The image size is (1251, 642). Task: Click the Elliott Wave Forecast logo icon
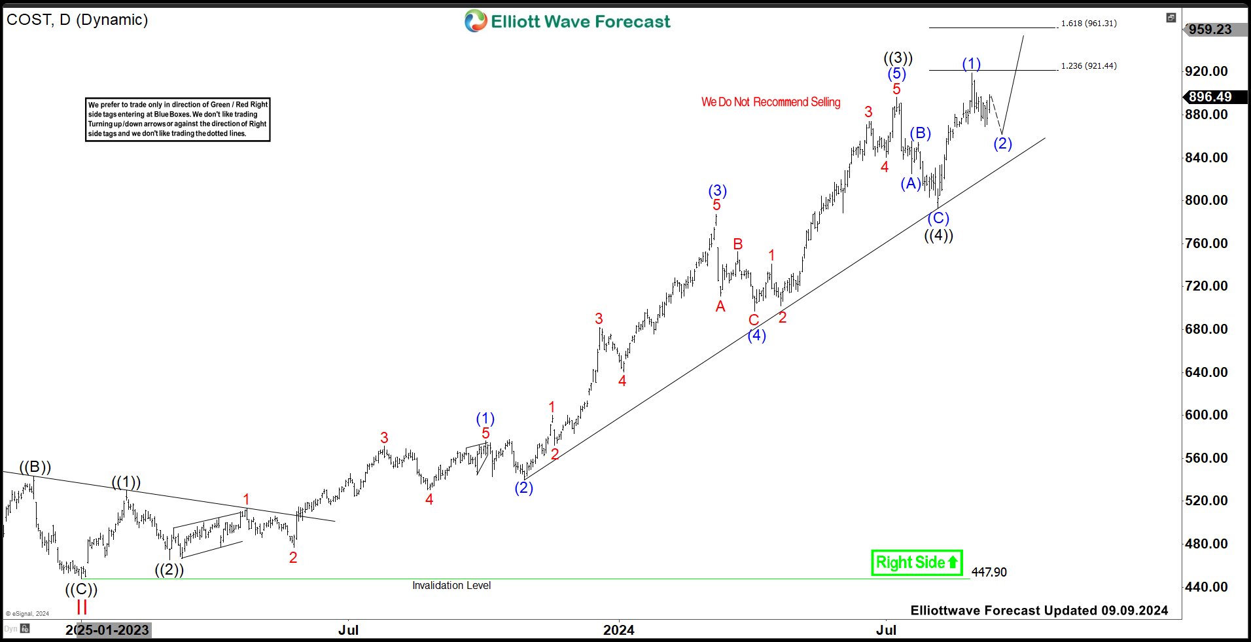click(476, 21)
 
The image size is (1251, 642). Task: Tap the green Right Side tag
click(917, 563)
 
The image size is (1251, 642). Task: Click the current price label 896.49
click(1210, 97)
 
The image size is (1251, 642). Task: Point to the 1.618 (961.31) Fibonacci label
click(1089, 24)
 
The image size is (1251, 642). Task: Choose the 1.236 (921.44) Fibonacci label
click(1089, 66)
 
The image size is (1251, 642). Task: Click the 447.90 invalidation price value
click(989, 572)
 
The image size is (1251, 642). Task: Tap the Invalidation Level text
click(451, 586)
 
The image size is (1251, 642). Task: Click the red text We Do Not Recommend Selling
click(771, 102)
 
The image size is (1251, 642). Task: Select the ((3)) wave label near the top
click(898, 58)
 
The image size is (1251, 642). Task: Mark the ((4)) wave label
click(938, 236)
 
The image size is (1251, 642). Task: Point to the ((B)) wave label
click(35, 467)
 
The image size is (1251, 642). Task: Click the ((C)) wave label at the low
click(81, 590)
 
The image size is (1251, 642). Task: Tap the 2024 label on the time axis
click(618, 630)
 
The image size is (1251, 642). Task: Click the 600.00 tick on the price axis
click(1206, 415)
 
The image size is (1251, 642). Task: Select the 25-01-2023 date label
click(113, 630)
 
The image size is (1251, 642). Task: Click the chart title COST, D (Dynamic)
click(77, 20)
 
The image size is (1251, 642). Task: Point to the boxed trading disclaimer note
click(178, 119)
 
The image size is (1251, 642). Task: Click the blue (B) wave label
click(920, 134)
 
